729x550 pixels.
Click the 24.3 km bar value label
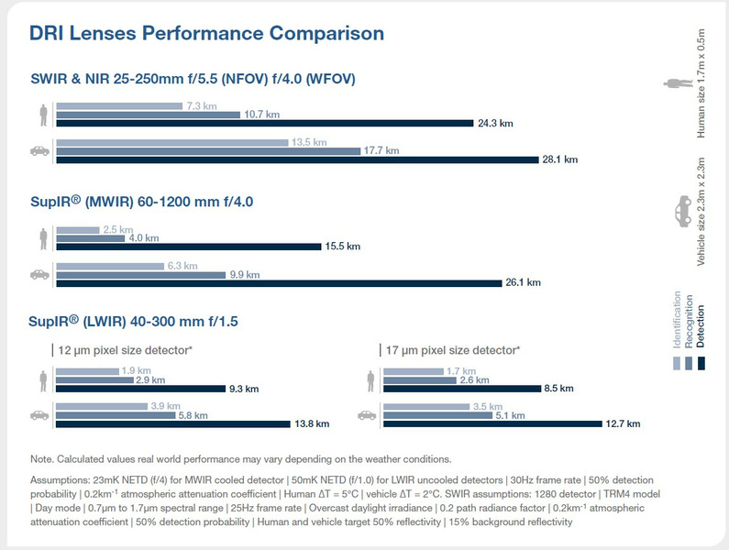(493, 123)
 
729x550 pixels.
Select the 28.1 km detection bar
(297, 159)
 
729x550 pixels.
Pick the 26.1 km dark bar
(280, 282)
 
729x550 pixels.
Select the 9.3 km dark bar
(140, 389)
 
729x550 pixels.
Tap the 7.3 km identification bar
(119, 106)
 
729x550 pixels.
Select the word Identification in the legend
(678, 322)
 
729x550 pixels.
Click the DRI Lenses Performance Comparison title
(206, 35)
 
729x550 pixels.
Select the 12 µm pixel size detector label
(125, 350)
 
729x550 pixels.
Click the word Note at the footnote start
(42, 458)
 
